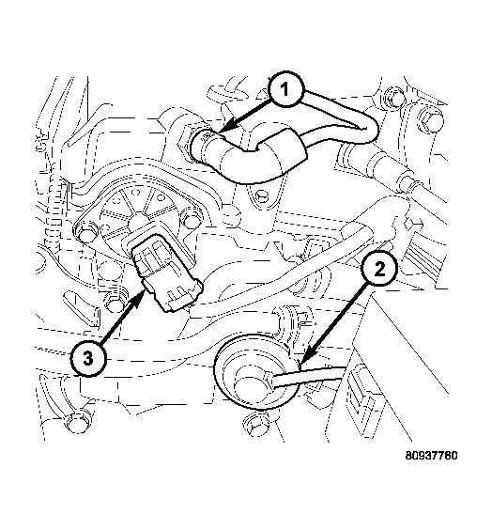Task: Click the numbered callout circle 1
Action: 286,89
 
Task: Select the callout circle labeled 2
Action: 379,270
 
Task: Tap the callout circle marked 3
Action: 88,358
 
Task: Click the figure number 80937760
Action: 431,456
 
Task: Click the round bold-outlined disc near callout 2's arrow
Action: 256,371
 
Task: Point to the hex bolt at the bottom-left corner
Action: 78,422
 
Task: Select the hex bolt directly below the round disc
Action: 256,425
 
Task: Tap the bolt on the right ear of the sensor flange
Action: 192,219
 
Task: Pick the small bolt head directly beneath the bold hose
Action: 261,194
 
